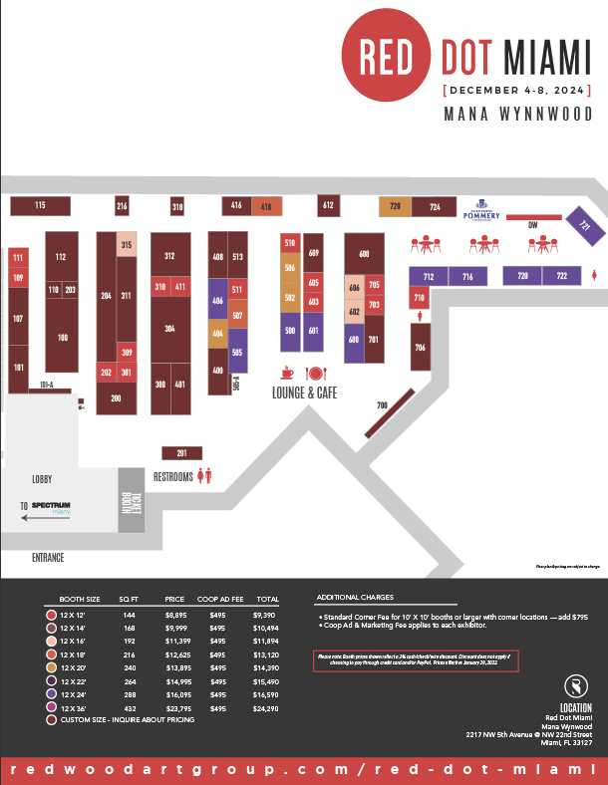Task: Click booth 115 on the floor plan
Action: pyautogui.click(x=40, y=206)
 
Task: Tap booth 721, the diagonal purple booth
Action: pyautogui.click(x=585, y=226)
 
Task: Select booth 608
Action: pyautogui.click(x=364, y=253)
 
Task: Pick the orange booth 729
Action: pyautogui.click(x=395, y=207)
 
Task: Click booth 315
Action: pyautogui.click(x=127, y=245)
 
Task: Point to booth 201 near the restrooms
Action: pyautogui.click(x=181, y=453)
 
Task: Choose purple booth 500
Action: pyautogui.click(x=290, y=331)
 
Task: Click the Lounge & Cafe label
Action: pyautogui.click(x=304, y=393)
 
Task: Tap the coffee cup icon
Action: pyautogui.click(x=288, y=373)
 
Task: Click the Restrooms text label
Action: pyautogui.click(x=172, y=477)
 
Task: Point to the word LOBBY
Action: pyautogui.click(x=41, y=480)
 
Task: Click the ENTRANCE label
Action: pyautogui.click(x=47, y=558)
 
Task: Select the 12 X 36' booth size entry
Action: pyautogui.click(x=79, y=706)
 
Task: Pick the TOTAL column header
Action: pyautogui.click(x=266, y=601)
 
